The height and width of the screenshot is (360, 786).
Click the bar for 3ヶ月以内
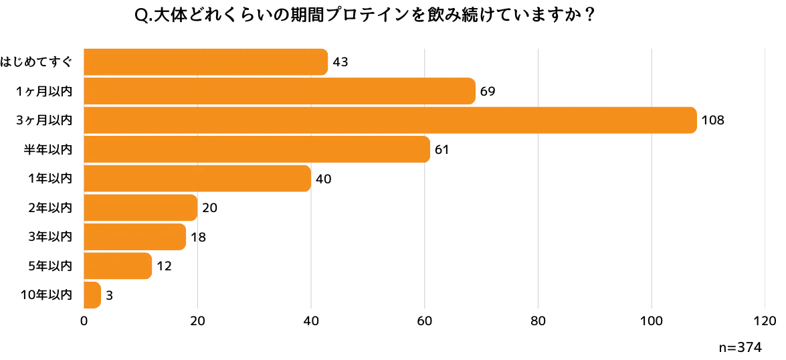click(391, 120)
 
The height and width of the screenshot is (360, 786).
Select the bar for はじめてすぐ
click(206, 62)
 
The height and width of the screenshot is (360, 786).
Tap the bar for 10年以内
click(93, 295)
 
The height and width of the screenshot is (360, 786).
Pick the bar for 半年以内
click(257, 149)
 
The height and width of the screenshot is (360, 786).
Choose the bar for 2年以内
click(141, 207)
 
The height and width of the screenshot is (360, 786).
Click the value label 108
click(713, 121)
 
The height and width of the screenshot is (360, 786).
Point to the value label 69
click(488, 92)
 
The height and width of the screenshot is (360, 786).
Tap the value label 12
click(164, 266)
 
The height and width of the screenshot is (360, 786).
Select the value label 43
click(340, 63)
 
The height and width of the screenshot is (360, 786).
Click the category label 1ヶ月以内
click(43, 91)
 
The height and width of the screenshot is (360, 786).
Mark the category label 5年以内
click(51, 266)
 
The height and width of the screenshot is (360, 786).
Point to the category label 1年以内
click(51, 179)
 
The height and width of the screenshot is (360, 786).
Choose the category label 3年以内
click(51, 237)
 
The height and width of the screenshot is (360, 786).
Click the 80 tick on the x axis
click(538, 321)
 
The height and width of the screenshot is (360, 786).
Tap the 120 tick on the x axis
click(765, 321)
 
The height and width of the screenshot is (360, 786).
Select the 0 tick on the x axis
click(84, 321)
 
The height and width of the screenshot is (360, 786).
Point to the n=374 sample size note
click(740, 347)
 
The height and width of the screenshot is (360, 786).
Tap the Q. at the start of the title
click(144, 17)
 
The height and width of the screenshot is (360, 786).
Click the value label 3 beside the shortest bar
click(109, 295)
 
